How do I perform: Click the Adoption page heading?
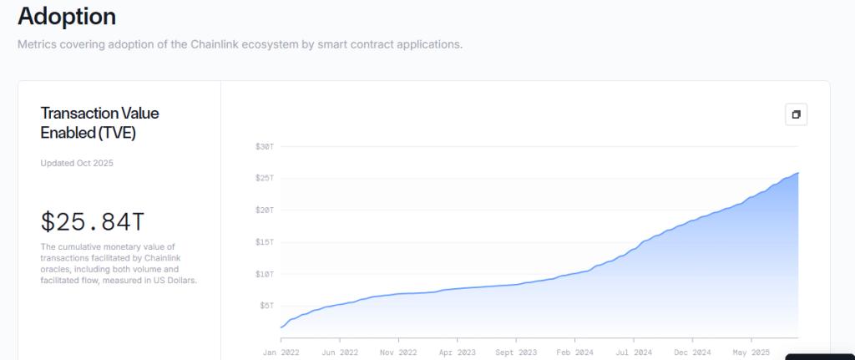(67, 16)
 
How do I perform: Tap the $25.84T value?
(93, 222)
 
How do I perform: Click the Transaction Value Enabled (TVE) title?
(99, 123)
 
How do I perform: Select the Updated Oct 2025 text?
(77, 163)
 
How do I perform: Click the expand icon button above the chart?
(796, 114)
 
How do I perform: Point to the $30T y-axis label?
(265, 146)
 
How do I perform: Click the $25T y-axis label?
(265, 178)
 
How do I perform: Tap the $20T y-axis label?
(265, 210)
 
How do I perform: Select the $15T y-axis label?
(265, 242)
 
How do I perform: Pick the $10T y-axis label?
(265, 274)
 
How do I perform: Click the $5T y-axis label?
(266, 306)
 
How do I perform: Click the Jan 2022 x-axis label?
(281, 352)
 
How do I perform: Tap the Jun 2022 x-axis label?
(339, 352)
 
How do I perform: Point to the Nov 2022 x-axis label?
(398, 352)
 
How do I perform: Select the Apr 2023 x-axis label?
(457, 352)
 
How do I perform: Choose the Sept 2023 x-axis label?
(516, 352)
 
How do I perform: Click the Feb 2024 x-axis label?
(574, 352)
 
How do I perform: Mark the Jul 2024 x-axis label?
(634, 352)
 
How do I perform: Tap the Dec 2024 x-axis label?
(692, 352)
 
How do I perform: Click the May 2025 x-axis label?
(751, 352)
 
